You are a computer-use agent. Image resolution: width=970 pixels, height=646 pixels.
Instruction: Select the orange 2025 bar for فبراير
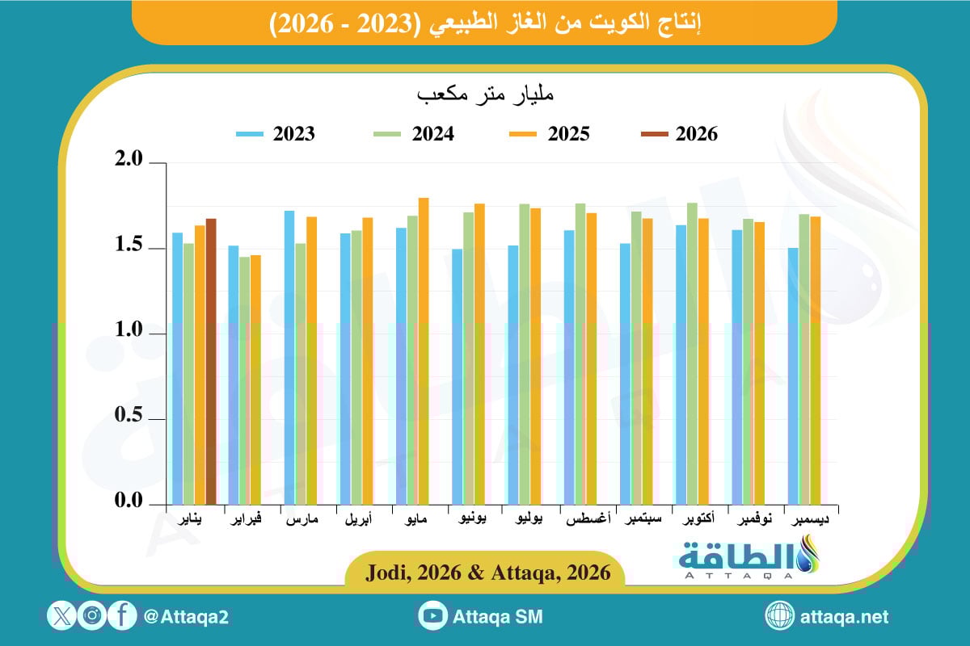255,380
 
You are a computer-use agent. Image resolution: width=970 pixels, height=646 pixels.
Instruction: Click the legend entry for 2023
276,134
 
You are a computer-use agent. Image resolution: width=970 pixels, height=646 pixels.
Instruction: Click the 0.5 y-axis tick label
129,417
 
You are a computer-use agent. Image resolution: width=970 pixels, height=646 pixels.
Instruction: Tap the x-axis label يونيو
472,520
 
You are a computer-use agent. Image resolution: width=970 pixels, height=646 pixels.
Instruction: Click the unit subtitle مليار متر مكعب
484,94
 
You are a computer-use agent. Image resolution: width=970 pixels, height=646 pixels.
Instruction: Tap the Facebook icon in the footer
122,616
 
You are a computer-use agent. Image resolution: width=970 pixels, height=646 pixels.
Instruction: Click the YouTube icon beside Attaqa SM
433,616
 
